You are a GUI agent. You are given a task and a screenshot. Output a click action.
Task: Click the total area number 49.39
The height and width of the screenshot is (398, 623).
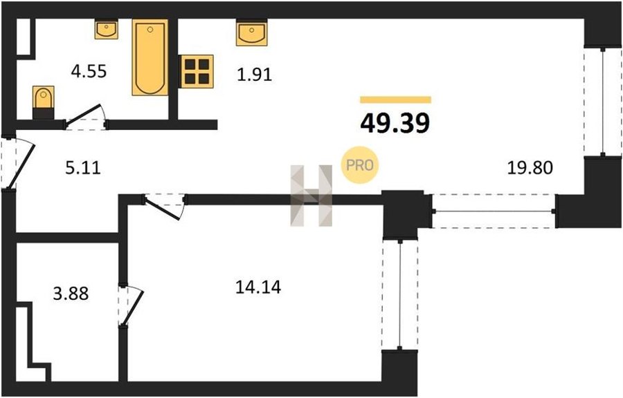(395, 123)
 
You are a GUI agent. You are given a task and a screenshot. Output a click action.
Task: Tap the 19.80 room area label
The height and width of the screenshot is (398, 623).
(530, 168)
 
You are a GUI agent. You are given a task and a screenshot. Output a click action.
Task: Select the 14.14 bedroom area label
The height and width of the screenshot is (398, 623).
(258, 287)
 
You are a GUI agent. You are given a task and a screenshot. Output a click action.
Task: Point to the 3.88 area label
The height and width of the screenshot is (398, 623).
(71, 294)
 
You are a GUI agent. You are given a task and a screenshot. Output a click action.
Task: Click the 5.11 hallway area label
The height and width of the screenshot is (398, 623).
(83, 168)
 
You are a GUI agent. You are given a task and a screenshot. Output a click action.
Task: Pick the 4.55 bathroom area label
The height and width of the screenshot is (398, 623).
(89, 71)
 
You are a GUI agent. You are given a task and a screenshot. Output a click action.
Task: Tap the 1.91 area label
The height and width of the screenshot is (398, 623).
(254, 75)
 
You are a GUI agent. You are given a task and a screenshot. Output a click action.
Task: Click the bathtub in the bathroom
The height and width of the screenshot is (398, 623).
(150, 57)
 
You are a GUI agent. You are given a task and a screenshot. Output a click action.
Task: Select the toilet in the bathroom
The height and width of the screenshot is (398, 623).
(44, 102)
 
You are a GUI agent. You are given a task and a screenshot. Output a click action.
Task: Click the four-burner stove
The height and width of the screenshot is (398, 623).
(197, 71)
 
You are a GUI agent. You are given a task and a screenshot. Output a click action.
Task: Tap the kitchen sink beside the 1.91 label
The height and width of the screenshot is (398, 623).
(251, 32)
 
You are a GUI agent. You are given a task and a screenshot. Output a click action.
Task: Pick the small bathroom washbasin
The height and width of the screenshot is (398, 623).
(107, 29)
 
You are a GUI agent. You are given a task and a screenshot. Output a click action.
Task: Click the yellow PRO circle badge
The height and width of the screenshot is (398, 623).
(360, 165)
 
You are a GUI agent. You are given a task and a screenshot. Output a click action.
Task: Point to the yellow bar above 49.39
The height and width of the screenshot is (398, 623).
(396, 99)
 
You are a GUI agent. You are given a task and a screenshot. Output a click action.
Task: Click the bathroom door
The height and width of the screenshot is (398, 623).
(85, 116)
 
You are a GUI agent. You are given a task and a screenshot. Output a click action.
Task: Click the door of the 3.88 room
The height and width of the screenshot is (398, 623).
(130, 305)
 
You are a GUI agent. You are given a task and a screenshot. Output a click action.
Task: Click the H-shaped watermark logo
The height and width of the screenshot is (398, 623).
(311, 196)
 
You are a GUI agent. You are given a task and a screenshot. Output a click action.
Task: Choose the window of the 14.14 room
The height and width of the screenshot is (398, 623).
(399, 294)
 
